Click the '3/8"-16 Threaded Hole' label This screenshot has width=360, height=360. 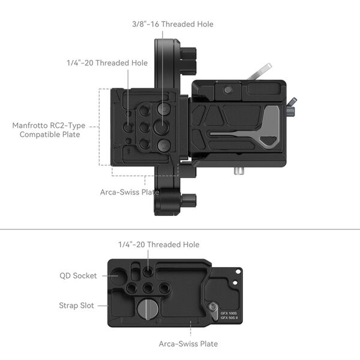coord(173,24)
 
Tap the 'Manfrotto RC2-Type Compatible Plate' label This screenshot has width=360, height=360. coord(49,130)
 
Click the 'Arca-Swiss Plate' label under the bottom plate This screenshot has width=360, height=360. coord(188,344)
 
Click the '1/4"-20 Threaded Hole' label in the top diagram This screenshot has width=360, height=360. coord(107,62)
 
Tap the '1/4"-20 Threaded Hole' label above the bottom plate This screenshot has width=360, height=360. coord(158,244)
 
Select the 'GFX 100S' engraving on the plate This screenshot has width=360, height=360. coord(229,312)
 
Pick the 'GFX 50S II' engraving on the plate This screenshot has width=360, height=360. coord(229,318)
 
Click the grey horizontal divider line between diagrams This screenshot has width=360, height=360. coord(180,229)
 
